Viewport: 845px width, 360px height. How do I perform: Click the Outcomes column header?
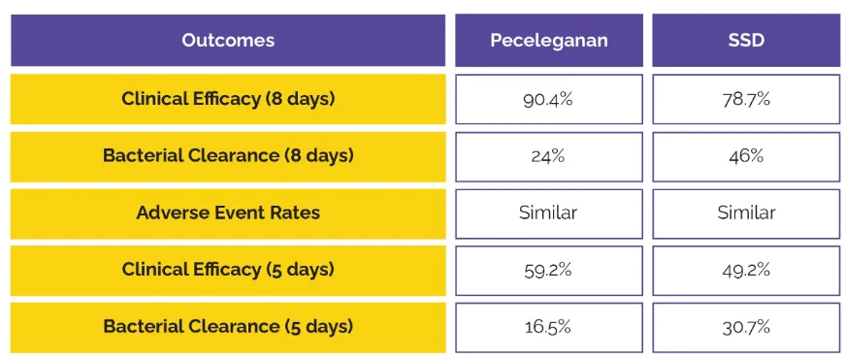[x=228, y=41]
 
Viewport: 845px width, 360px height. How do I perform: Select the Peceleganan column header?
[x=549, y=41]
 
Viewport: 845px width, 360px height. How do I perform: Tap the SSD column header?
[x=746, y=41]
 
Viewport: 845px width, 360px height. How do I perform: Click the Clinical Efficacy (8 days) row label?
[x=228, y=99]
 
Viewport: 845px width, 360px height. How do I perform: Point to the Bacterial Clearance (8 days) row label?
[x=228, y=155]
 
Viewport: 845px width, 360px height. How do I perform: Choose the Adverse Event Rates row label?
[x=228, y=213]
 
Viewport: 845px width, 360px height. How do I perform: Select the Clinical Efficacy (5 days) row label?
[x=228, y=270]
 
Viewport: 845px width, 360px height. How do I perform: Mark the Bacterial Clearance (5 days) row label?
[x=228, y=326]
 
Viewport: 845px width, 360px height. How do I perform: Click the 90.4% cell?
[x=549, y=99]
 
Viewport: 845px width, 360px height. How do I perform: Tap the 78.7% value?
[x=746, y=99]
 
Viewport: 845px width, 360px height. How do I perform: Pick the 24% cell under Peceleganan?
[x=549, y=155]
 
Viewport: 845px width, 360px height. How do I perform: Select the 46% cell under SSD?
[x=746, y=155]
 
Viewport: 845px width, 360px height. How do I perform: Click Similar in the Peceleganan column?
[x=549, y=213]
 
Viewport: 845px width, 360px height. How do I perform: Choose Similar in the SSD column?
[x=746, y=213]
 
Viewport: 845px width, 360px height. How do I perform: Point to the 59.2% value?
[x=549, y=270]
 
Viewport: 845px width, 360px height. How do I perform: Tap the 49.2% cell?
[x=746, y=270]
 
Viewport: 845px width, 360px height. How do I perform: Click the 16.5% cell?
[x=549, y=326]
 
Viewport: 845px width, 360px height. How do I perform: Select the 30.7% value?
[x=746, y=326]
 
